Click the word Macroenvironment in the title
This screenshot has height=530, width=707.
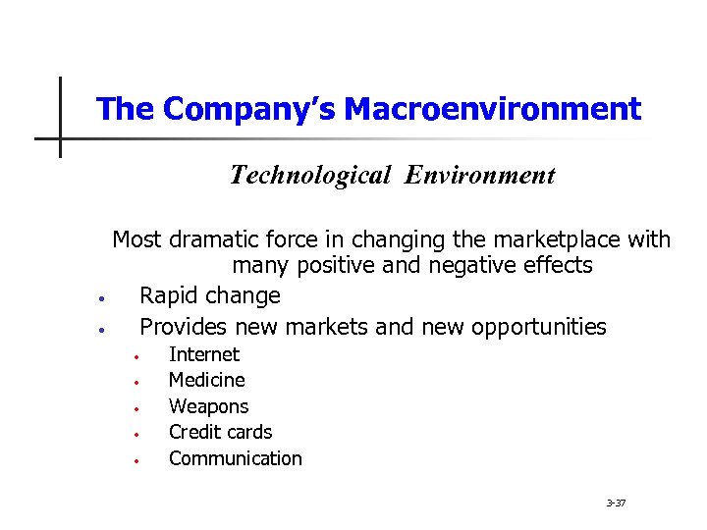click(500, 109)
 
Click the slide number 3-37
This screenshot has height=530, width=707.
click(616, 503)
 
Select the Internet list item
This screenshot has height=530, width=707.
click(204, 354)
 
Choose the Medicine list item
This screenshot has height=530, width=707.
click(207, 380)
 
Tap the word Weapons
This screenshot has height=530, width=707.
click(209, 406)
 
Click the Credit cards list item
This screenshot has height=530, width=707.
click(221, 432)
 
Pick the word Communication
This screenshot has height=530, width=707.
click(236, 458)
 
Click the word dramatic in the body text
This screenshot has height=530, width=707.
click(212, 239)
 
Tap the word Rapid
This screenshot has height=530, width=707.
click(169, 296)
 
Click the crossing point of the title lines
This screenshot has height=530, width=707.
click(60, 138)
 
